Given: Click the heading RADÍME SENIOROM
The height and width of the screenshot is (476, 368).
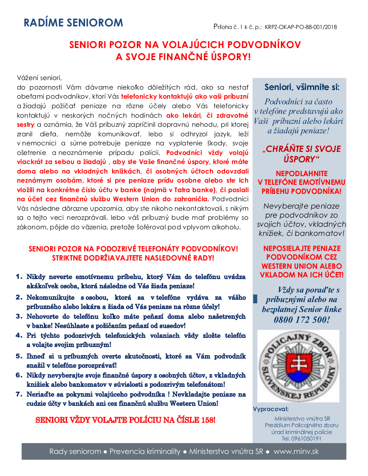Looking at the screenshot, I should click(x=73, y=23).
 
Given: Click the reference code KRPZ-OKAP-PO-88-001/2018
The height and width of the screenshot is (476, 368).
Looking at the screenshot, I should click(x=301, y=27).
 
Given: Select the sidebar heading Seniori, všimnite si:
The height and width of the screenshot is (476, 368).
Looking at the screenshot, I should click(x=302, y=87).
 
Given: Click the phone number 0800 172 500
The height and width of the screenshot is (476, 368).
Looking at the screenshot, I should click(x=301, y=320).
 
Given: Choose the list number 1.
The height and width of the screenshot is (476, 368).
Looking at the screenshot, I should click(x=19, y=277).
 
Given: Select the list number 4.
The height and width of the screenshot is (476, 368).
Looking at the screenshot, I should click(x=19, y=335).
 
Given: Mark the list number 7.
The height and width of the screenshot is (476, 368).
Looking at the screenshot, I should click(x=19, y=394).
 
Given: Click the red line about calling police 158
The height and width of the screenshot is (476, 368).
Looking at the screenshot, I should click(x=125, y=420).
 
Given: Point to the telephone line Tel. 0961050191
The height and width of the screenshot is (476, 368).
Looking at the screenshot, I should click(x=302, y=438).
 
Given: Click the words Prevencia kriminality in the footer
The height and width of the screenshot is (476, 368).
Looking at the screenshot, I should click(x=145, y=451).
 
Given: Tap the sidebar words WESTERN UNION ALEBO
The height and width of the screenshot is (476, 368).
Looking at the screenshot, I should click(x=302, y=266).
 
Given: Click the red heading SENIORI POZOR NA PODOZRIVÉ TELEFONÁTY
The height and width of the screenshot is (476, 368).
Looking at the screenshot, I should click(x=133, y=249).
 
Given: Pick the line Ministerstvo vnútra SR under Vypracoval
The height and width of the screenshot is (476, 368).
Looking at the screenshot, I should click(x=302, y=418).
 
